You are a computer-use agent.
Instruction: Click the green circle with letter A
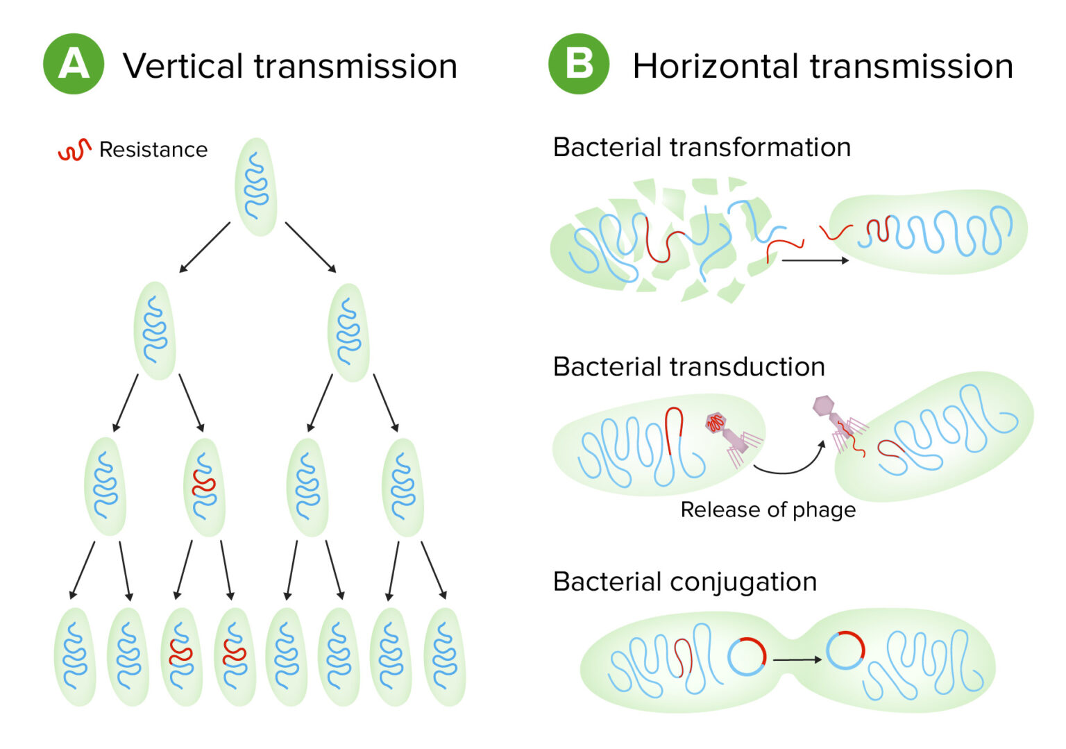pos(74,65)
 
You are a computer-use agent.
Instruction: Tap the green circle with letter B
pos(579,65)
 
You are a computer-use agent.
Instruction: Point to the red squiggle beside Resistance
pos(74,150)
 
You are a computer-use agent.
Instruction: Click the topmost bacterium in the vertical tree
pos(256,187)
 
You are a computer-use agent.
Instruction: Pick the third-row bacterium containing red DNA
pos(205,486)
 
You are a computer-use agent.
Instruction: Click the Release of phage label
pos(768,510)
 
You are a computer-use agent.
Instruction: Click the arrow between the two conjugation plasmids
pos(797,659)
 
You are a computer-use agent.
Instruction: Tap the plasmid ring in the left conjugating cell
pos(747,656)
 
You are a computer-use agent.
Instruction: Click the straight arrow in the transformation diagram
pos(815,261)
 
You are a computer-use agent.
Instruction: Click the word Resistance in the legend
pos(153,150)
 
